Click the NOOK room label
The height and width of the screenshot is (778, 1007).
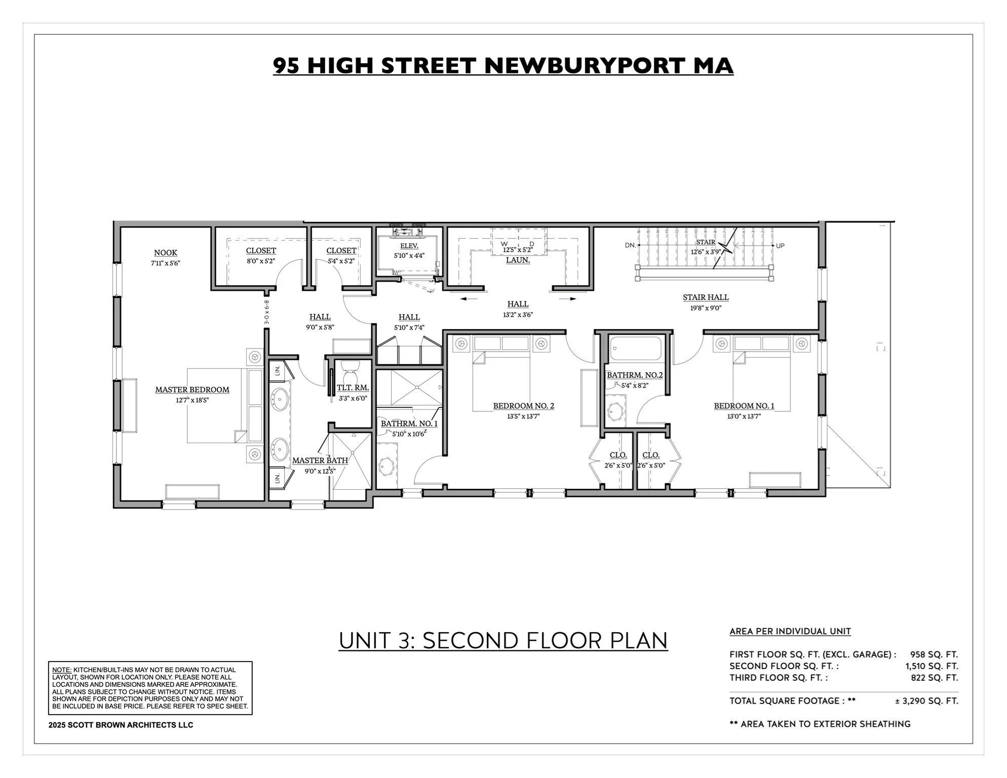pyautogui.click(x=166, y=253)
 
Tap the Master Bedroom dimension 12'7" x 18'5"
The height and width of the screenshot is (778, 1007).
pyautogui.click(x=192, y=400)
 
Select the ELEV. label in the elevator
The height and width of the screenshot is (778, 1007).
pyautogui.click(x=409, y=246)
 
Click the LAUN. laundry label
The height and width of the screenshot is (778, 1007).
pyautogui.click(x=518, y=260)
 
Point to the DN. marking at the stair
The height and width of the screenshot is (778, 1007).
pyautogui.click(x=630, y=246)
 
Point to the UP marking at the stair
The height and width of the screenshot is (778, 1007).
pyautogui.click(x=780, y=246)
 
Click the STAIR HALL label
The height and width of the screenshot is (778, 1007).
pyautogui.click(x=705, y=297)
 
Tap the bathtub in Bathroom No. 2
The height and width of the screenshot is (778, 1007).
pyautogui.click(x=636, y=348)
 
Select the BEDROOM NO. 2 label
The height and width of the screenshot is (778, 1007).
pyautogui.click(x=523, y=406)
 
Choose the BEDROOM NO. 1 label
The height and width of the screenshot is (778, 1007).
pyautogui.click(x=744, y=406)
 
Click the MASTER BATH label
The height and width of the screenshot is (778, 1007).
pyautogui.click(x=320, y=460)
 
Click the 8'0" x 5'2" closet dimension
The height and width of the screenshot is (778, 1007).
pyautogui.click(x=260, y=261)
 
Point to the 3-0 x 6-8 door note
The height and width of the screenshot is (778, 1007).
pyautogui.click(x=266, y=313)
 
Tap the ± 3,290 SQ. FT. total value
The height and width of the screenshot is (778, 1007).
pyautogui.click(x=926, y=701)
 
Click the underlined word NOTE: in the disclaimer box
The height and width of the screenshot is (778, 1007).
pyautogui.click(x=61, y=670)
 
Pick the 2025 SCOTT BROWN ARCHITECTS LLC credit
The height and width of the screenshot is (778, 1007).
pyautogui.click(x=121, y=725)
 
